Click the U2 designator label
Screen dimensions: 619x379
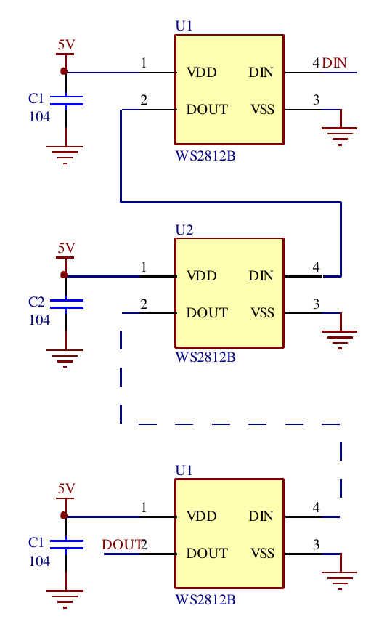coord(184,230)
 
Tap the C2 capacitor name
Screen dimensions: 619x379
coord(36,302)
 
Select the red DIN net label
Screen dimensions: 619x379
coord(335,63)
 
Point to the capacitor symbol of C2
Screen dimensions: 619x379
coord(66,303)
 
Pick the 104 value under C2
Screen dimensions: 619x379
coord(39,320)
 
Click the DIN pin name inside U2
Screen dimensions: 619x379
coord(261,276)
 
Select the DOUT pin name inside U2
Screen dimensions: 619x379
coord(207,313)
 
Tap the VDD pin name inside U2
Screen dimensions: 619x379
coord(202,276)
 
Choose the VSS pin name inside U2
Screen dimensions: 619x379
coord(262,313)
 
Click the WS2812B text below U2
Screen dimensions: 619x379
coord(205,357)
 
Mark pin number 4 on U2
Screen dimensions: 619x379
coord(316,267)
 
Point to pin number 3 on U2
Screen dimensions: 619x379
coord(316,304)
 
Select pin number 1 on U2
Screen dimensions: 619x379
coord(144,267)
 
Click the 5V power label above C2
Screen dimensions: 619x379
coord(66,248)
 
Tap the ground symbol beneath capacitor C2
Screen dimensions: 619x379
coord(65,356)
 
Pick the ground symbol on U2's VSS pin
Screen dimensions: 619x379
coord(340,337)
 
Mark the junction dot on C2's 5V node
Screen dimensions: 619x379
coord(64,275)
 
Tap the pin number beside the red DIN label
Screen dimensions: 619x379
coord(316,63)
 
